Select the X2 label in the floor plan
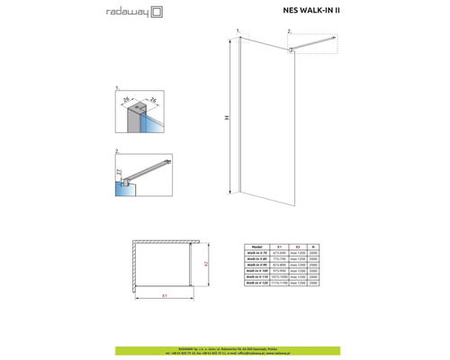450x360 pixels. [x=207, y=265]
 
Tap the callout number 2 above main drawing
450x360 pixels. [x=290, y=32]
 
